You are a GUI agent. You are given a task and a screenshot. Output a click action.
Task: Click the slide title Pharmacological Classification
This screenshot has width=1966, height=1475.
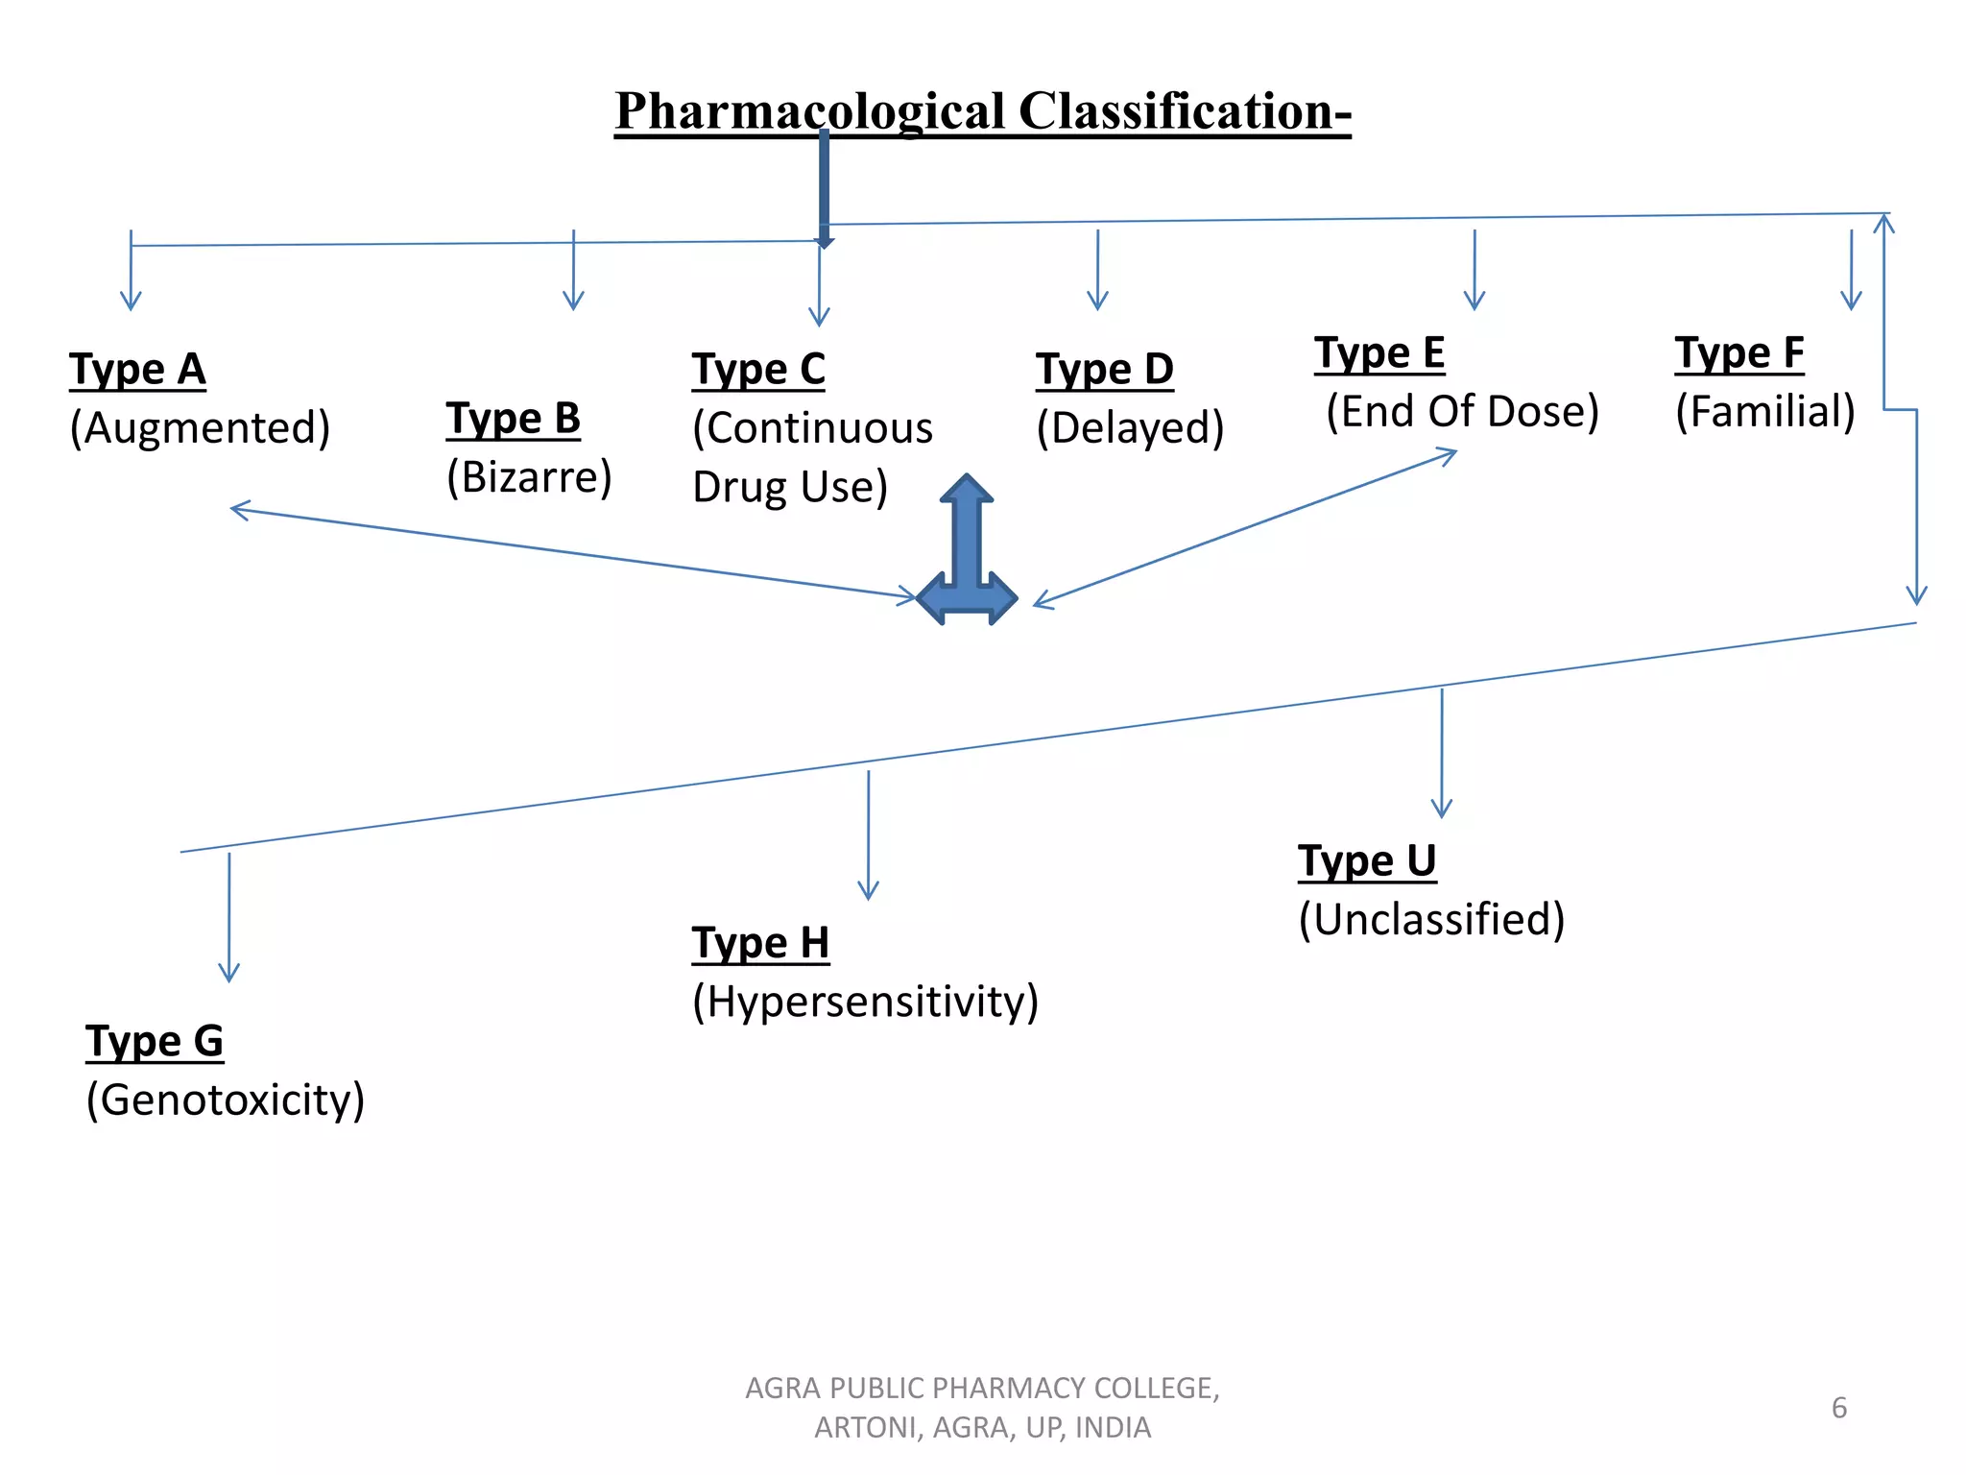tap(982, 111)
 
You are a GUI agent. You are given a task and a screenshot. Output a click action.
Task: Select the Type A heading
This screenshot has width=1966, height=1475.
tap(137, 370)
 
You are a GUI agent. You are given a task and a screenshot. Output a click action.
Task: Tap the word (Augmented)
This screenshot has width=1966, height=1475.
tap(200, 428)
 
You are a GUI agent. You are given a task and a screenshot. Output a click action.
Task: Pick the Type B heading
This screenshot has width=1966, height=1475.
tap(513, 420)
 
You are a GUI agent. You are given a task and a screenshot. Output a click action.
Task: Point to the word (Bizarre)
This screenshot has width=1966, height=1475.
tap(529, 477)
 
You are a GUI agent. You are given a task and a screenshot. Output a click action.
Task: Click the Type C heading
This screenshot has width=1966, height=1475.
tap(758, 370)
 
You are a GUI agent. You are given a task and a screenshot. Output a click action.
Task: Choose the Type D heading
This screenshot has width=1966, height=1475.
tap(1104, 370)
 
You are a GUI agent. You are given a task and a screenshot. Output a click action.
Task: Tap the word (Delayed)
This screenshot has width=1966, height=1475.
tap(1130, 428)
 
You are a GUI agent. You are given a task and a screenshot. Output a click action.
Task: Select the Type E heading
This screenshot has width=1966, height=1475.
tap(1379, 353)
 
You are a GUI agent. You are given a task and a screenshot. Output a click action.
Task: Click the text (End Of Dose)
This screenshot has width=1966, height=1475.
tap(1462, 412)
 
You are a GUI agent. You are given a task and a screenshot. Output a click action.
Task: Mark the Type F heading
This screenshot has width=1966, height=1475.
tap(1738, 353)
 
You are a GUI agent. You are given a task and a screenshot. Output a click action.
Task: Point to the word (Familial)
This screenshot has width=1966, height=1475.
tap(1764, 412)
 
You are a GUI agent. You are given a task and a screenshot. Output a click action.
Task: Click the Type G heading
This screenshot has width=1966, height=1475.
tap(154, 1042)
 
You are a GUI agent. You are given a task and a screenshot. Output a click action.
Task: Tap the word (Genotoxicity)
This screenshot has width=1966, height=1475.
tap(225, 1100)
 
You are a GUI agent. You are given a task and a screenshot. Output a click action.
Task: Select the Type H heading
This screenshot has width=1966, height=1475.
tap(760, 944)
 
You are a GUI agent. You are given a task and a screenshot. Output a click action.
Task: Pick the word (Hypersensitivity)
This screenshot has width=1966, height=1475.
tap(865, 1003)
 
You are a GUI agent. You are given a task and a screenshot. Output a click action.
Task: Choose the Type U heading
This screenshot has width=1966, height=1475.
tap(1366, 861)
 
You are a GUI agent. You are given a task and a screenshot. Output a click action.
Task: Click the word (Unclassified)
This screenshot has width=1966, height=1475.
tap(1431, 920)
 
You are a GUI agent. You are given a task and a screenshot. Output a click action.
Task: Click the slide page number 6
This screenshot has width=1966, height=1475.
tap(1838, 1408)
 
